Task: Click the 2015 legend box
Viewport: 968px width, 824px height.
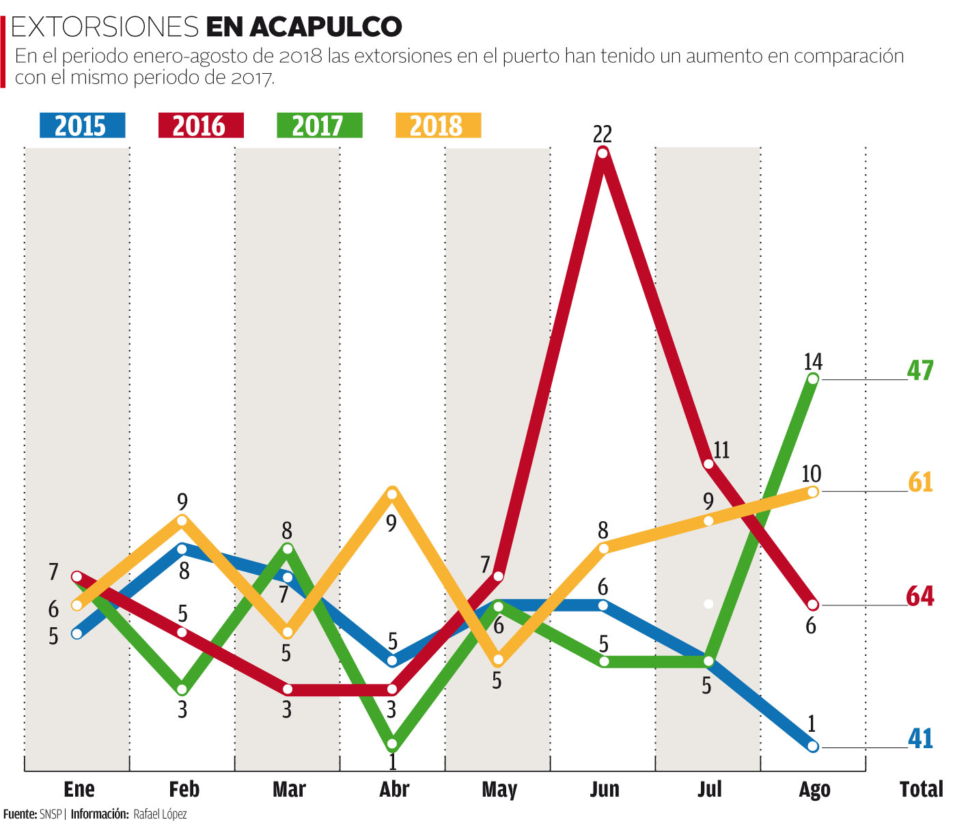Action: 81,126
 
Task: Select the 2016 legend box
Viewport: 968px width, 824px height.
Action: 200,126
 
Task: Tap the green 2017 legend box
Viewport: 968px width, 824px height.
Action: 319,126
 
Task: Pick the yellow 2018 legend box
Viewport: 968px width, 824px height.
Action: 438,126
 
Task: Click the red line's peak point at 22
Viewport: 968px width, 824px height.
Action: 603,152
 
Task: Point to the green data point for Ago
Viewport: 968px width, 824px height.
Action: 813,379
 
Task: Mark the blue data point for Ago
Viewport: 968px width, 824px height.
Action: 813,746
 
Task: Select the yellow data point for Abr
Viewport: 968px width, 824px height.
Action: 392,493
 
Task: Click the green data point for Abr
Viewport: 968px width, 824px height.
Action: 392,743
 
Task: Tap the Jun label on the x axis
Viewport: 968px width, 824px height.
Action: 604,790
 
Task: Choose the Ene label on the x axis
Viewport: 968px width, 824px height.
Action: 79,790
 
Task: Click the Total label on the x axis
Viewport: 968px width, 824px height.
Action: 921,790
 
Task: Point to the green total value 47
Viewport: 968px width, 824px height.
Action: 920,370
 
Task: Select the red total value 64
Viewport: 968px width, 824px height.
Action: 920,596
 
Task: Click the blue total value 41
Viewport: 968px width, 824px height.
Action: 920,739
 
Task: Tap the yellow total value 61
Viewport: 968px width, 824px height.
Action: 920,482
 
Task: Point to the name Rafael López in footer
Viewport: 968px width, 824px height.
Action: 160,814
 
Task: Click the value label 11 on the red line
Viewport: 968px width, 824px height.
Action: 721,450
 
